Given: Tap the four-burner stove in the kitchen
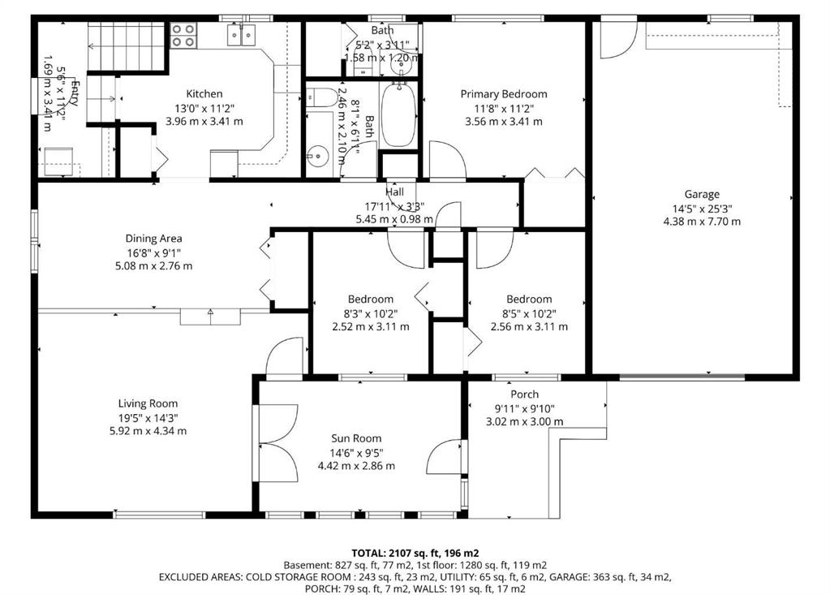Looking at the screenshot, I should tap(184, 35).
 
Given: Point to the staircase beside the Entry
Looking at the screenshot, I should tap(114, 37).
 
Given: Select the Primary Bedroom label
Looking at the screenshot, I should tap(503, 94).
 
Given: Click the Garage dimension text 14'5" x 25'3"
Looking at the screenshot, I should tap(702, 208).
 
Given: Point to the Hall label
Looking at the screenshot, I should tap(395, 192).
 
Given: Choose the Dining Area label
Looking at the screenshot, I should tap(153, 239).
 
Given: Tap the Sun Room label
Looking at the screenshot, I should tap(356, 438).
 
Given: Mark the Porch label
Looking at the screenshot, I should tap(524, 395).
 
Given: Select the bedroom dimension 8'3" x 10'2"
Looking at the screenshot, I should tap(371, 313).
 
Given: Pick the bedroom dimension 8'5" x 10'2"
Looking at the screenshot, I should tap(529, 313).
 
